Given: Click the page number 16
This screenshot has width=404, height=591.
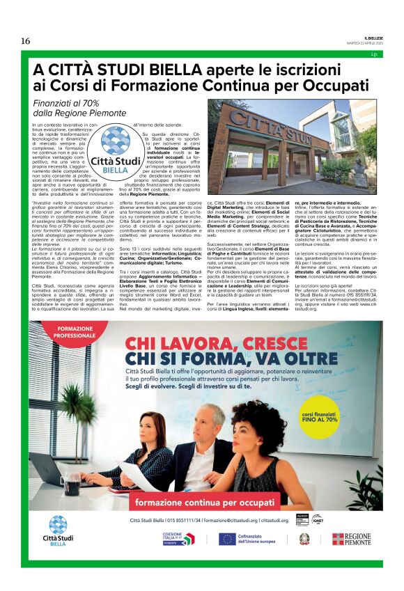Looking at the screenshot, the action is [x=26, y=41].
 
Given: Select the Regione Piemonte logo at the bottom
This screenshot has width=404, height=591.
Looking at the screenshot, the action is [x=352, y=539].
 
